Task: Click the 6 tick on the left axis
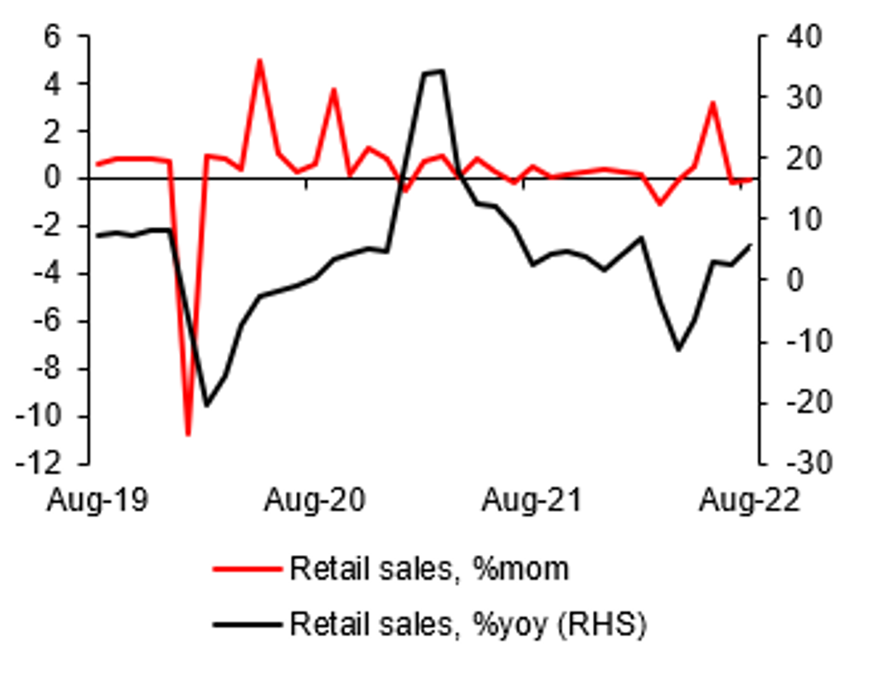[56, 37]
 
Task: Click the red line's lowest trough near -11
[188, 435]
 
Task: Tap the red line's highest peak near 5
[259, 60]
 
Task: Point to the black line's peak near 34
[433, 72]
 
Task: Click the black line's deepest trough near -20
[206, 405]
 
